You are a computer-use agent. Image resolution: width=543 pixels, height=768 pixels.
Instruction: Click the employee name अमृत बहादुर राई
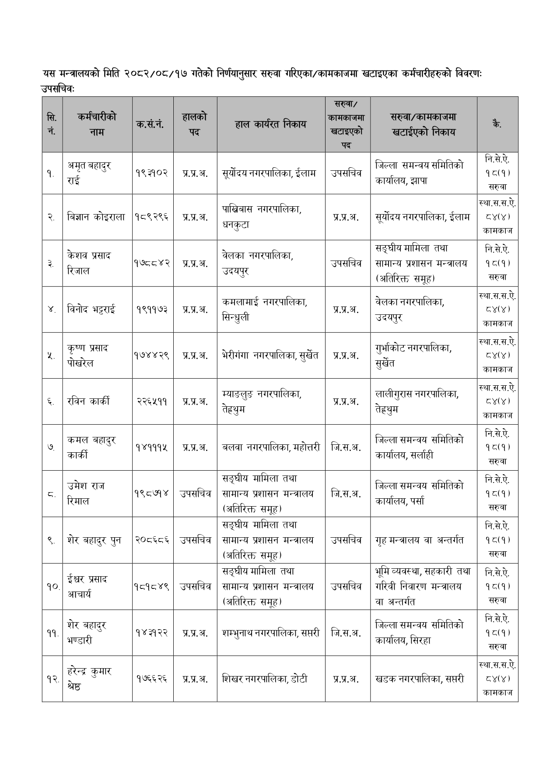89,173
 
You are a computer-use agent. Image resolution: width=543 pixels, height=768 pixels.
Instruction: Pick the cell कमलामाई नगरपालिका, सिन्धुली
264,310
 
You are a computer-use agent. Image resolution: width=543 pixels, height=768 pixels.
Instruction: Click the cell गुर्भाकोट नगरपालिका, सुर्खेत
413,356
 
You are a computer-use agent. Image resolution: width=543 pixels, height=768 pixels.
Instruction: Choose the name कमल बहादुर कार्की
91,447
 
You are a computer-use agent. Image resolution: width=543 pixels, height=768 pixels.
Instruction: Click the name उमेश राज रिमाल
86,493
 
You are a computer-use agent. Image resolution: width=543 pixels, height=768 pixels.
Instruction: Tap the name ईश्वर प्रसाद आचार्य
88,587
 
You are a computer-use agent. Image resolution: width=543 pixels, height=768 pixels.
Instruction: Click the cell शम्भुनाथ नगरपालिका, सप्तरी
270,633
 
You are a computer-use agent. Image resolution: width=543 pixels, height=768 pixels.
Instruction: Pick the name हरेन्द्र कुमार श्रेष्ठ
89,679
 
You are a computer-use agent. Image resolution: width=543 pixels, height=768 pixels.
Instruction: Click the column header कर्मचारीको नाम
97,124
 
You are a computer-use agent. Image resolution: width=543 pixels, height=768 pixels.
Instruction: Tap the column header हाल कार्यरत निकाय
270,124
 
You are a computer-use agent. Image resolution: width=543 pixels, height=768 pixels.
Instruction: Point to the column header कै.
497,124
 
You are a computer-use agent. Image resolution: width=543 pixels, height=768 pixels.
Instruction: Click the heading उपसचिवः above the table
58,89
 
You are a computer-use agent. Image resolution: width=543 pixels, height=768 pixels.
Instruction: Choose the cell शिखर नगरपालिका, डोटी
265,679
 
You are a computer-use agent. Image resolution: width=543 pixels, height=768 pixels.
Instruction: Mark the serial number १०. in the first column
52,587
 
